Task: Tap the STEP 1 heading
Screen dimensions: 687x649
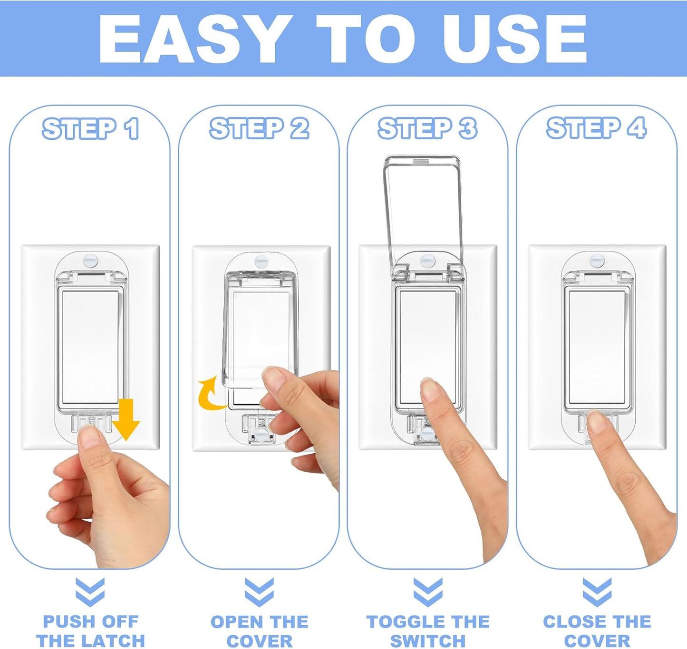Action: click(x=90, y=128)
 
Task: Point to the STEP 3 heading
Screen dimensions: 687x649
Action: click(x=427, y=128)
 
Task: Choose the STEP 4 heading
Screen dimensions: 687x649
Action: click(x=596, y=128)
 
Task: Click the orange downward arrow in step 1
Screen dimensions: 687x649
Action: click(x=126, y=419)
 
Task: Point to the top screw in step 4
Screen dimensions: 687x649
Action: click(x=597, y=261)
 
